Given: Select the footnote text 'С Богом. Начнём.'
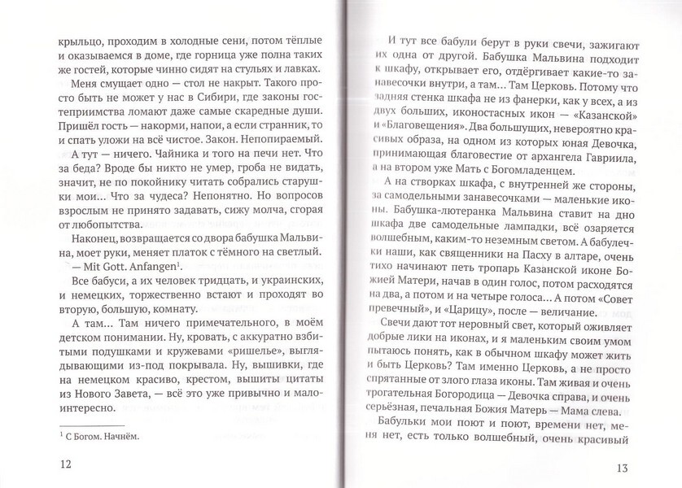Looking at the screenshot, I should pyautogui.click(x=94, y=437).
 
